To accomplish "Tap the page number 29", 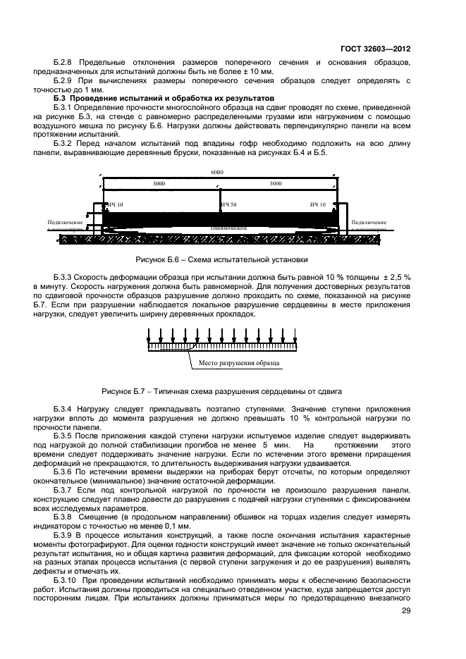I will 406,612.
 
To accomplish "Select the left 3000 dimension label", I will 160,183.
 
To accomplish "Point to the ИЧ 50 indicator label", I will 228,204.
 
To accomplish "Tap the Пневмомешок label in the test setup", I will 227,228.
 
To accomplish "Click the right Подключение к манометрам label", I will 369,226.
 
